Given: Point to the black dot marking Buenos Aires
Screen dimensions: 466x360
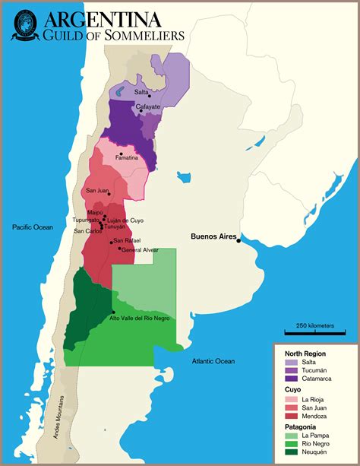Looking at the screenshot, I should (x=238, y=241).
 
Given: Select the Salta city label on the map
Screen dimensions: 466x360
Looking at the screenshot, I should (x=141, y=92).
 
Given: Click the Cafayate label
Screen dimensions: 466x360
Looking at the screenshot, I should (x=147, y=107).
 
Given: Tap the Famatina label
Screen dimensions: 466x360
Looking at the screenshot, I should (x=127, y=157).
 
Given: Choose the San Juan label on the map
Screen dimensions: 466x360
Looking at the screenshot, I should (x=97, y=190).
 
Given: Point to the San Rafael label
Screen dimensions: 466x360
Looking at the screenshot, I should (x=127, y=241).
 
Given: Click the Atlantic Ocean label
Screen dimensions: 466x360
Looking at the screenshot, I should (x=213, y=361).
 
